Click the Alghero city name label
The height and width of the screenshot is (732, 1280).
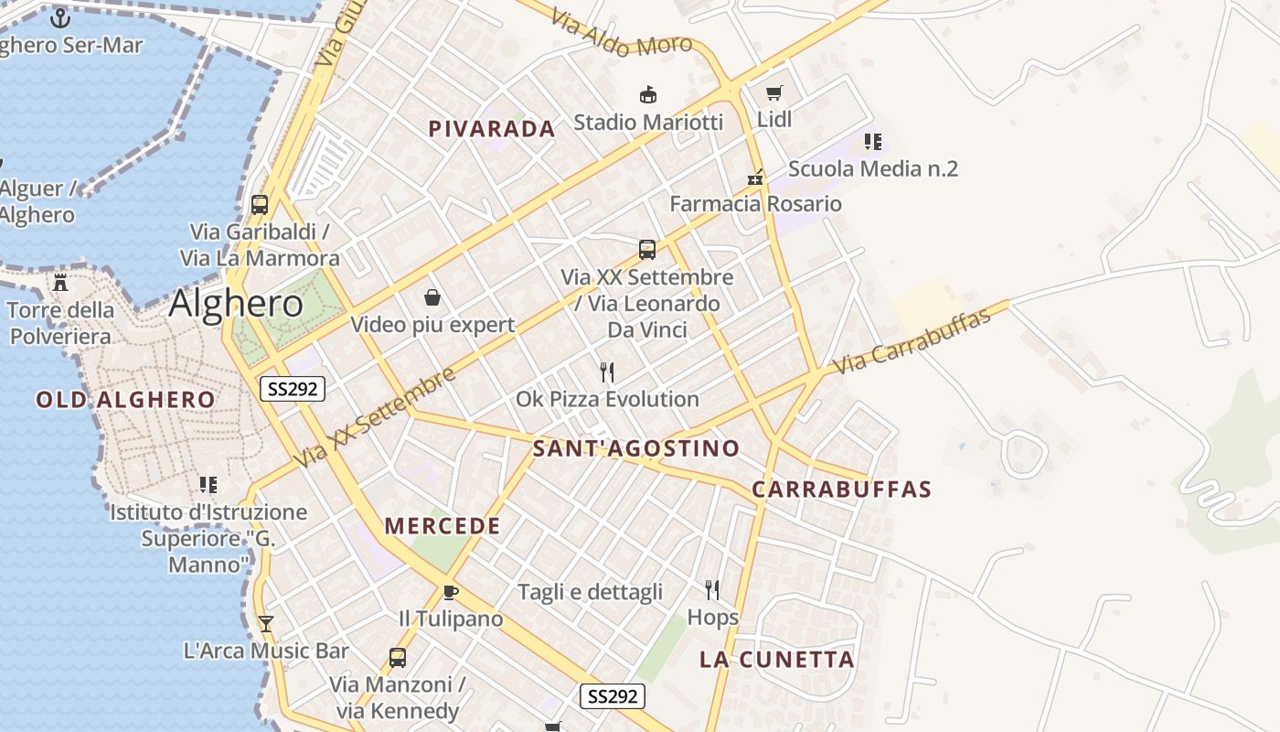click(x=236, y=304)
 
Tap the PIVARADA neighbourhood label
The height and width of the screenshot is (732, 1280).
click(x=492, y=129)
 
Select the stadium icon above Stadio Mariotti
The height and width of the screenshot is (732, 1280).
click(x=648, y=94)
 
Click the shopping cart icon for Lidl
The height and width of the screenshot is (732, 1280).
click(x=774, y=92)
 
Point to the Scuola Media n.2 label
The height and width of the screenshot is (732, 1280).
click(x=873, y=168)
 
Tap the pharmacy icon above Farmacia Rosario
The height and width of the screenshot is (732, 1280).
click(x=755, y=177)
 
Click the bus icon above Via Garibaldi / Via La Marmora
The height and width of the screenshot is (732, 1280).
click(x=260, y=205)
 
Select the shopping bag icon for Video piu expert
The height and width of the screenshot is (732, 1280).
click(x=432, y=297)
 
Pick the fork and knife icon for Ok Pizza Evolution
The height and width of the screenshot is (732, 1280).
click(x=607, y=371)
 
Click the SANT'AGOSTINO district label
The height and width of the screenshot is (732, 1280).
click(x=636, y=448)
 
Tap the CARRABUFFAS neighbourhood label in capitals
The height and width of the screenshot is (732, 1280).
click(x=841, y=490)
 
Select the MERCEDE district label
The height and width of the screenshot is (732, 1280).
click(x=443, y=526)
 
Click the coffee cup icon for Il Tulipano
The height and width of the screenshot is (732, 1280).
click(x=450, y=592)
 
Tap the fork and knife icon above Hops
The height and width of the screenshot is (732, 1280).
click(x=712, y=590)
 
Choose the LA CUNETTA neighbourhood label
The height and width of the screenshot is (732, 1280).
click(x=777, y=660)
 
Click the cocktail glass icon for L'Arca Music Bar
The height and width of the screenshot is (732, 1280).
click(x=266, y=624)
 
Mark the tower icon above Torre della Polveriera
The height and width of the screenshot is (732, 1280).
click(x=60, y=282)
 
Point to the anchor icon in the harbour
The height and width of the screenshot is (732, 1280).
click(x=60, y=17)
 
